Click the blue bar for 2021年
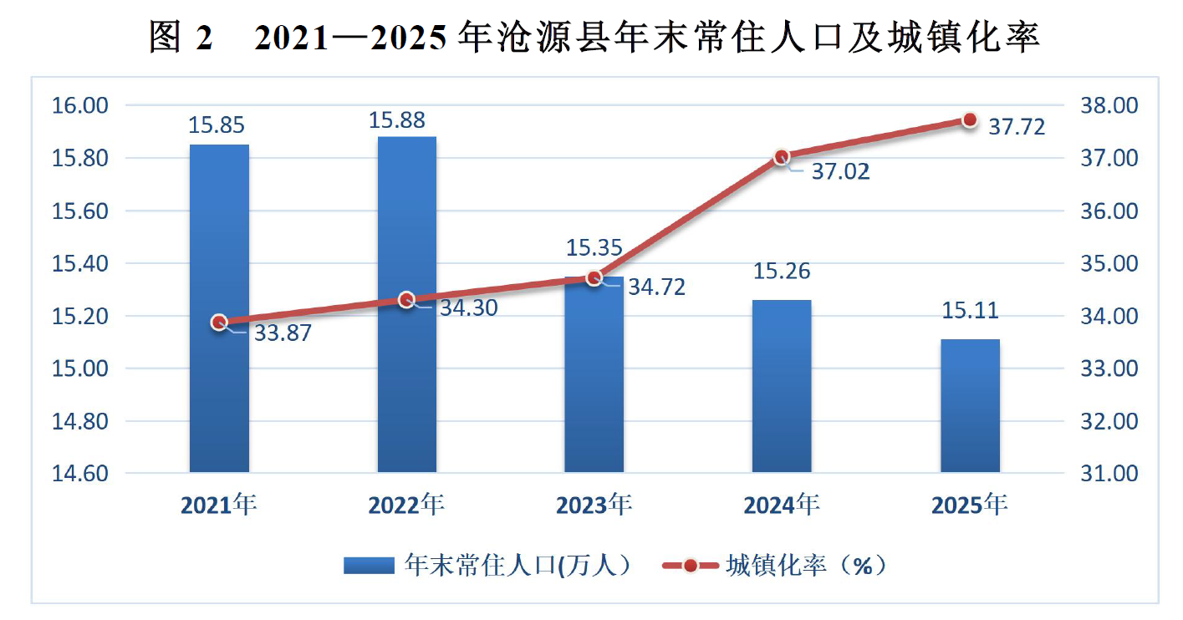(x=219, y=308)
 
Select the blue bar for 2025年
(x=970, y=406)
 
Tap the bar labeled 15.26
(x=782, y=386)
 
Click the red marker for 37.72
(x=970, y=120)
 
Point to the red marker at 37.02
(x=782, y=157)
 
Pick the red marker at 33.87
(x=219, y=322)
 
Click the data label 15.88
(x=396, y=120)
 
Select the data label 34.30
(x=469, y=308)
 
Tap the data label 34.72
(x=656, y=287)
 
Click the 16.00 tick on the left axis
(x=79, y=105)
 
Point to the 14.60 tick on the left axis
(x=79, y=473)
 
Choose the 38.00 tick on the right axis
(x=1109, y=105)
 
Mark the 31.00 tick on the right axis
(x=1109, y=473)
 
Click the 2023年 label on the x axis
(x=594, y=505)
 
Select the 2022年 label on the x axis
(x=406, y=505)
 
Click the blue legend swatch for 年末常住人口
(x=369, y=566)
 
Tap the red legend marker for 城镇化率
(x=691, y=566)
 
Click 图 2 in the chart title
(x=181, y=37)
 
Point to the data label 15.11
(x=970, y=310)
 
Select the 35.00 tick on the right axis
(x=1109, y=263)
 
